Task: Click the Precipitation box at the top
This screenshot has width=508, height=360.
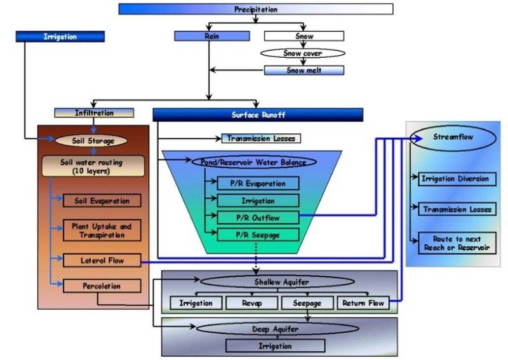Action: coord(255,9)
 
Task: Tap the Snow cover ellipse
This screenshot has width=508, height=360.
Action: coord(304,53)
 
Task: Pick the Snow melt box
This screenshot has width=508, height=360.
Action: coord(304,70)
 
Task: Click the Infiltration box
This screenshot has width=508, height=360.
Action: coord(94,112)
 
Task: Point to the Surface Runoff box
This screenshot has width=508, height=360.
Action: coord(257,114)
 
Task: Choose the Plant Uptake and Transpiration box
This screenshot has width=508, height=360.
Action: coord(102,230)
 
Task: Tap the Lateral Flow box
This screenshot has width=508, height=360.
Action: coord(102,260)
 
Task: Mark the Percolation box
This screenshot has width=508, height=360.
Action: coord(102,286)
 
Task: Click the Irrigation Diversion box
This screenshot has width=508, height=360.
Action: coord(455,178)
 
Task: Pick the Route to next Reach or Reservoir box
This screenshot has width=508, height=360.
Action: coord(455,243)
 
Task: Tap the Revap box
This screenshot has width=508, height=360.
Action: coord(251,303)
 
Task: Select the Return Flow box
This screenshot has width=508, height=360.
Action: coord(363,303)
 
